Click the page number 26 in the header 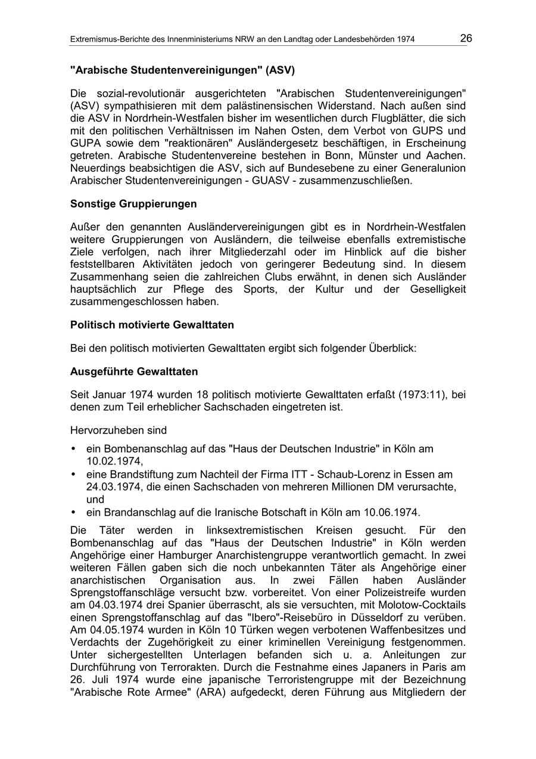pyautogui.click(x=466, y=39)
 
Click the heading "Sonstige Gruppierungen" pyautogui.click(x=133, y=204)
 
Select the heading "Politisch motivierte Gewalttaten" pyautogui.click(x=152, y=325)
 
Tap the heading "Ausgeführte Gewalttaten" pyautogui.click(x=134, y=371)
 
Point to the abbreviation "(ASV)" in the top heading pyautogui.click(x=280, y=70)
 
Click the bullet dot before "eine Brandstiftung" pyautogui.click(x=73, y=475)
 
